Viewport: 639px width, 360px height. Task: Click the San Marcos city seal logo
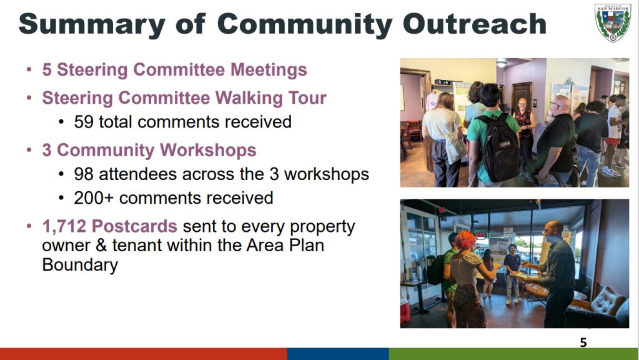[x=613, y=22]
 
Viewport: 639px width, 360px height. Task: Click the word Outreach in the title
[x=474, y=24]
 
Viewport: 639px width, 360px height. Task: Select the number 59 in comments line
[x=84, y=122]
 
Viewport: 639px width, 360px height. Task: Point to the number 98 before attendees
[x=84, y=174]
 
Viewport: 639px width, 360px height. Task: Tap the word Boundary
[x=80, y=266]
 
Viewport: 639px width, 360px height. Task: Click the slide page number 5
[x=583, y=342]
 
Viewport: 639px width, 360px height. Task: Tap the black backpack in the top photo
[x=499, y=147]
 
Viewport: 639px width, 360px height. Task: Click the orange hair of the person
[x=465, y=239]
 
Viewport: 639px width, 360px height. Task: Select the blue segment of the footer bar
[x=338, y=354]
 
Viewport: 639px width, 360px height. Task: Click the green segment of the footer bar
[x=514, y=354]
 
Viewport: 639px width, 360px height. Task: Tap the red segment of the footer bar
[x=144, y=354]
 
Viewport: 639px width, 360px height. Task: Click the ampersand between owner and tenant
[x=99, y=246]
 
